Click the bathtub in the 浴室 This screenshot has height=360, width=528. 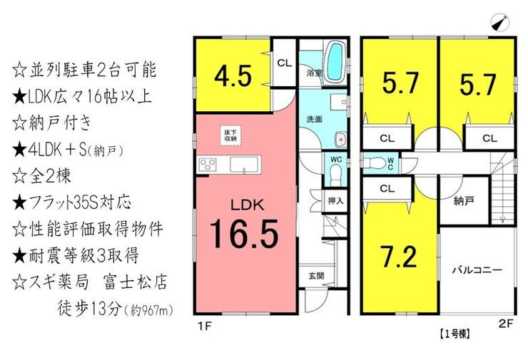(x=335, y=61)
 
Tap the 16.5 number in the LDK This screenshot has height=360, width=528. (x=244, y=234)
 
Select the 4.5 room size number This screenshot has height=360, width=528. (x=233, y=76)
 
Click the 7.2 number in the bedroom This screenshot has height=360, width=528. (x=399, y=257)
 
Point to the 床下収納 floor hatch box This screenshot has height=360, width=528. (x=230, y=135)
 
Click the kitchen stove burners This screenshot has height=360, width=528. (x=208, y=165)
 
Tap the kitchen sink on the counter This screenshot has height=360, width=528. (x=244, y=165)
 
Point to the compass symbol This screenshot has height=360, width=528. (x=500, y=22)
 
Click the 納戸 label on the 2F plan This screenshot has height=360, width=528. (x=464, y=201)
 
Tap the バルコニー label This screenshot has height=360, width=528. (x=477, y=270)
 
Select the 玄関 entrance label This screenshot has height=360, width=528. (x=316, y=276)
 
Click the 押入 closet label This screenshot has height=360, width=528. (x=336, y=201)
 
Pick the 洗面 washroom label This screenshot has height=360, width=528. (x=315, y=119)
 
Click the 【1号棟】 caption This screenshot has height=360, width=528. (x=454, y=334)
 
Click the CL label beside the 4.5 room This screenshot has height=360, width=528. (x=285, y=63)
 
